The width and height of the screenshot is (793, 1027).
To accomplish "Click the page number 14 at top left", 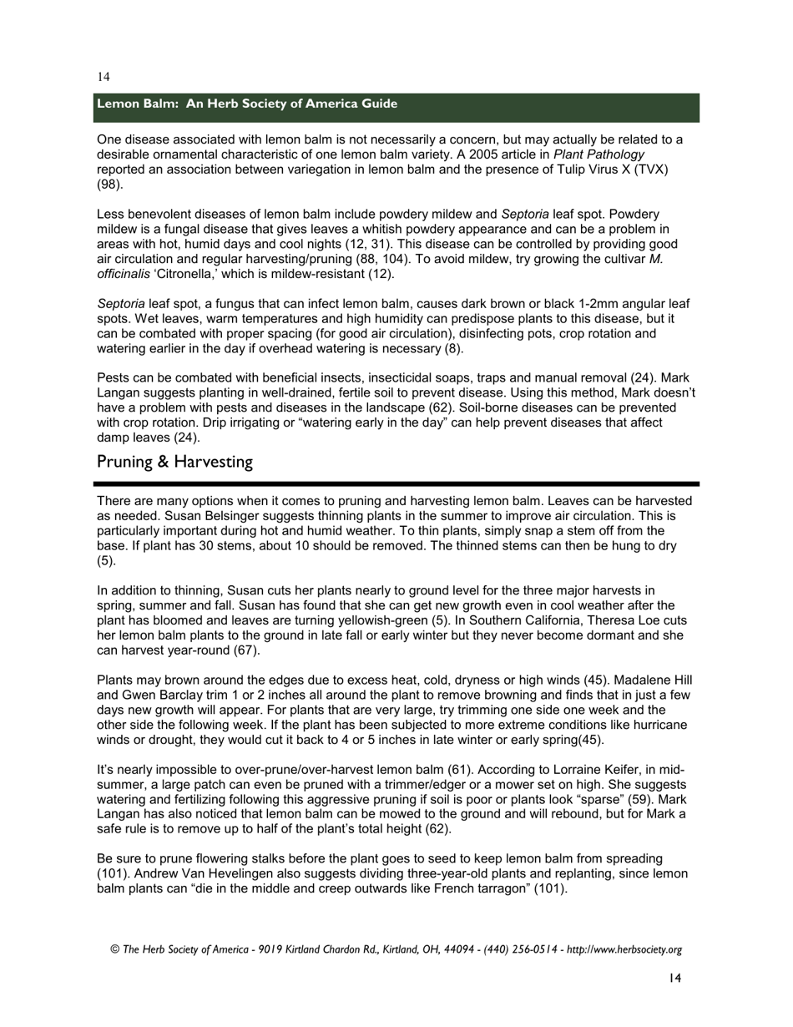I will point(104,77).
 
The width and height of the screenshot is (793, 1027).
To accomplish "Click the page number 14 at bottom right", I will point(675,979).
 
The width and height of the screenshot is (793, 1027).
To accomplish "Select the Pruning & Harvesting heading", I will point(174,462).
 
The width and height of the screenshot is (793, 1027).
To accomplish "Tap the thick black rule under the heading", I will point(396,483).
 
